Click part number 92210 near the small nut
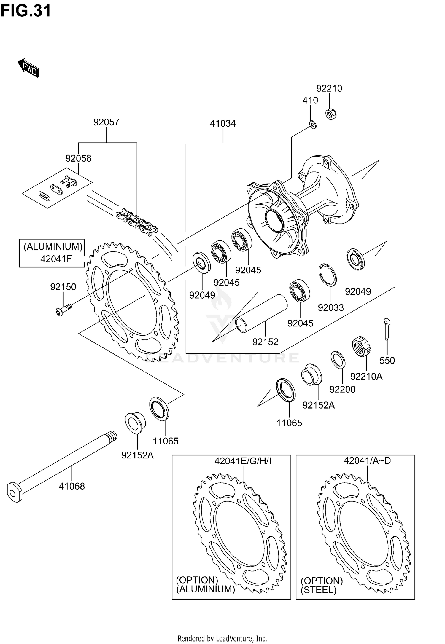[329, 88]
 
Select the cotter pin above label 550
[387, 329]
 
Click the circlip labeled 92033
[328, 275]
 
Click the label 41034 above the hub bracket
[223, 123]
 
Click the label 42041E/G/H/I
[243, 461]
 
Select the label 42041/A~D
[367, 460]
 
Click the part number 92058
[78, 158]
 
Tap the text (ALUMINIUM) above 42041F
[53, 246]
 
